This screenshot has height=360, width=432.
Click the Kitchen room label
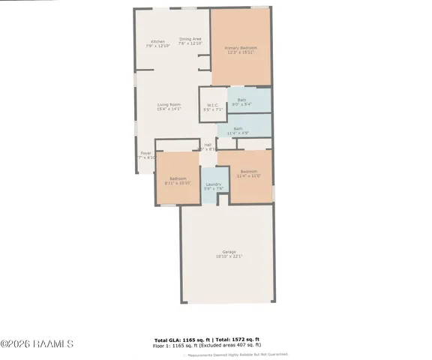[x=157, y=41]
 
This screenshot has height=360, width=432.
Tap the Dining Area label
[x=190, y=39]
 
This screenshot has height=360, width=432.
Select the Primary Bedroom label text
[x=241, y=48]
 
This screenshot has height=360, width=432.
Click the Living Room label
[x=169, y=104]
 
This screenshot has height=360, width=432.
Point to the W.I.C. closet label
[x=213, y=105]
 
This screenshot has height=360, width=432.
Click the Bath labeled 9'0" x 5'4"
[x=241, y=100]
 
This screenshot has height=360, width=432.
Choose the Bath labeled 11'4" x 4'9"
[x=238, y=129]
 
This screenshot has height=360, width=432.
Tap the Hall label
[x=208, y=145]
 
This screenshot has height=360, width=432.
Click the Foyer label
[x=145, y=153]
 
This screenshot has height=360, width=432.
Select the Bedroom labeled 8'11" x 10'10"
[x=177, y=178]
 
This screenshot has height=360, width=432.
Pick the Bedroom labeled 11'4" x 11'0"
[x=249, y=172]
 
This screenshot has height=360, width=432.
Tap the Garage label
[x=229, y=251]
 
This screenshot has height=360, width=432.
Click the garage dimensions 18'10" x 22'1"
[x=229, y=256]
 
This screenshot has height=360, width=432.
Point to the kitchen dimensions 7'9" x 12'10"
[x=157, y=46]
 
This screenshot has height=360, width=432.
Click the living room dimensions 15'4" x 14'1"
[x=169, y=109]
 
